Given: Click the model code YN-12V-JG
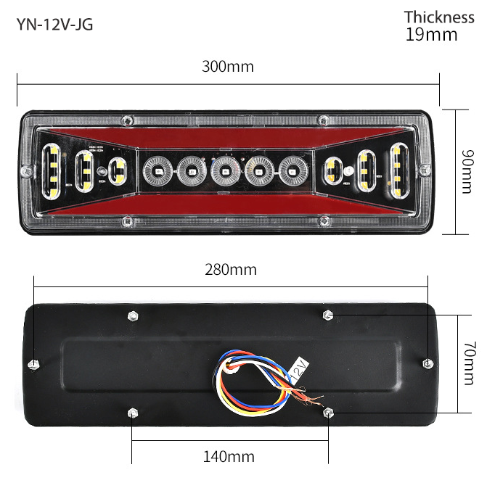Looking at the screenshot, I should pyautogui.click(x=54, y=25).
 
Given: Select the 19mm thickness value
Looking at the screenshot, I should pyautogui.click(x=431, y=34).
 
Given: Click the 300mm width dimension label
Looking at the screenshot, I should pyautogui.click(x=228, y=67).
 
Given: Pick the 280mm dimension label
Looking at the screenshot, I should pyautogui.click(x=231, y=270).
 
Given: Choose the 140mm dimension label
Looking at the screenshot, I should pyautogui.click(x=229, y=456).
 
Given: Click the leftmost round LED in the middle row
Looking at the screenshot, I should pyautogui.click(x=156, y=172).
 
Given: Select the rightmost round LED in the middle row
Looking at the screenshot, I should pyautogui.click(x=292, y=172).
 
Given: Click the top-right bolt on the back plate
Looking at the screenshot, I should pyautogui.click(x=328, y=315).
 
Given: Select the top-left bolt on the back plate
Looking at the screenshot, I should pyautogui.click(x=132, y=315).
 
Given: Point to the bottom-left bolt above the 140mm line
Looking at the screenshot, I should pyautogui.click(x=132, y=413).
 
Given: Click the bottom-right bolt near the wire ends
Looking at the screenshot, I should pyautogui.click(x=328, y=413).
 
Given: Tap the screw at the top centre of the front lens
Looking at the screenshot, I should pyautogui.click(x=128, y=120).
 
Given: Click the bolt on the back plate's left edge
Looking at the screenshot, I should pyautogui.click(x=34, y=363).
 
